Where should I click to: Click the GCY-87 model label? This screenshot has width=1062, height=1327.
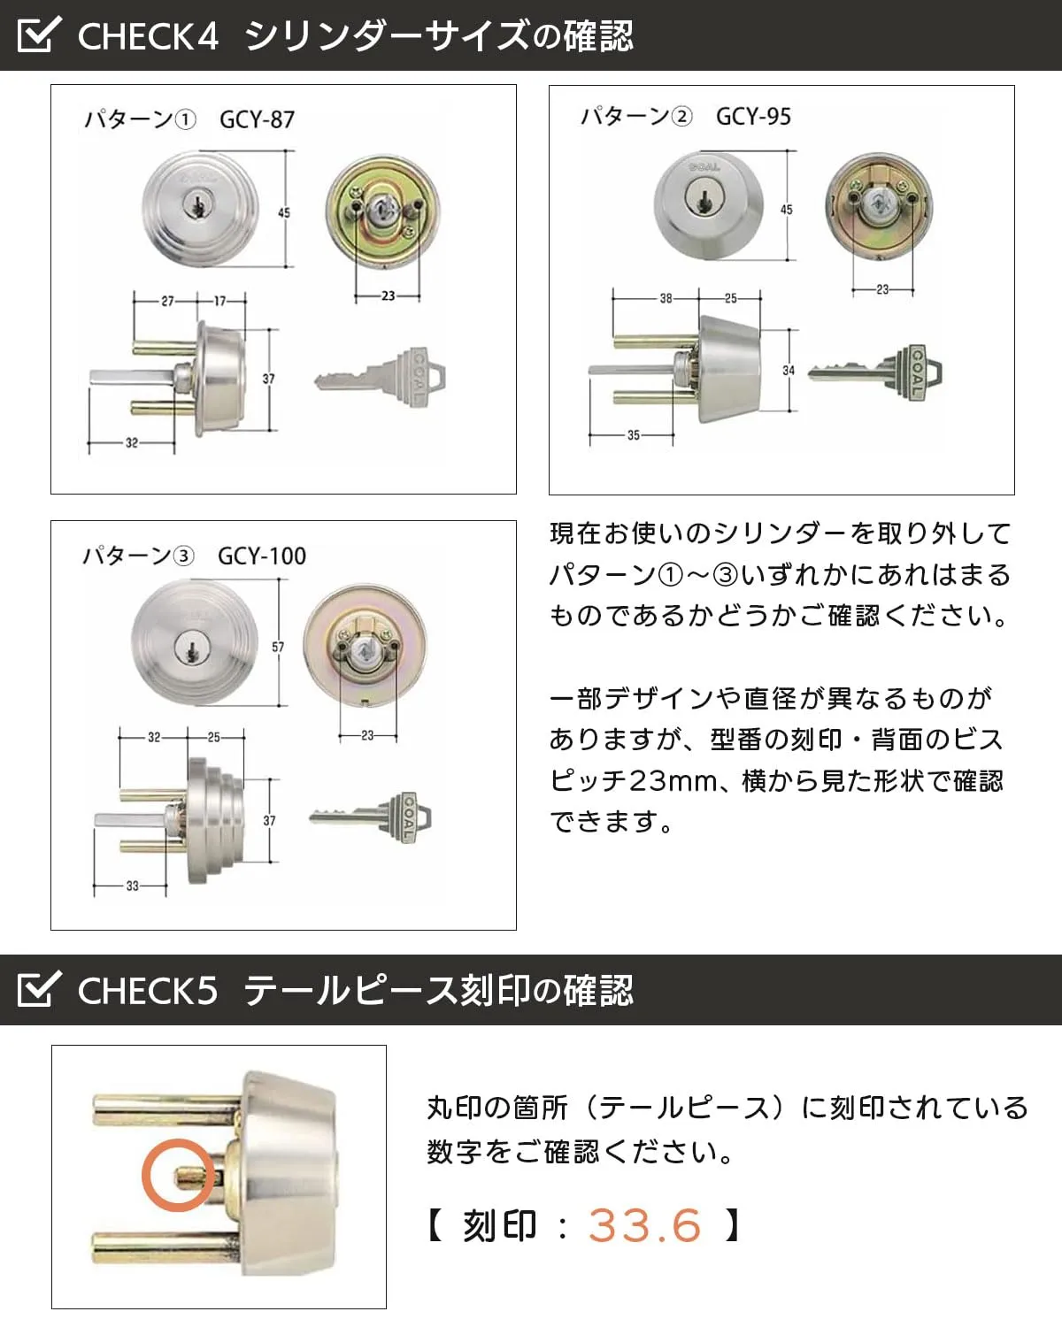tap(257, 119)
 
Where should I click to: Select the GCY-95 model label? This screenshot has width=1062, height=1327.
tap(753, 116)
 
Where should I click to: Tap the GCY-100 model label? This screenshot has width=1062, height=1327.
tap(262, 556)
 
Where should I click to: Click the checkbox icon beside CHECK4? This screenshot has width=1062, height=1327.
tap(40, 35)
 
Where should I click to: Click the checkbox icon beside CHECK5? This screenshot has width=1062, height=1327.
tap(40, 988)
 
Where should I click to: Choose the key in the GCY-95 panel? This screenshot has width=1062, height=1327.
tap(875, 372)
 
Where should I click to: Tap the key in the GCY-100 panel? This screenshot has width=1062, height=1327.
tap(370, 817)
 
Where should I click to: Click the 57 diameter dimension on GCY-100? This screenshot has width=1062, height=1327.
tap(278, 647)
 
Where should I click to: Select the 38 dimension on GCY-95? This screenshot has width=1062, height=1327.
tap(666, 298)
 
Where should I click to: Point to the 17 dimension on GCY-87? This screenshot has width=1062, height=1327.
tap(220, 301)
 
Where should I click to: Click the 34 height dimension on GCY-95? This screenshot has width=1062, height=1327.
tap(789, 370)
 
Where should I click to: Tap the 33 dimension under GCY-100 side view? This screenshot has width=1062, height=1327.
tap(132, 886)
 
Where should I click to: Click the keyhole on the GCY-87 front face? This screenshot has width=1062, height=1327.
tap(198, 205)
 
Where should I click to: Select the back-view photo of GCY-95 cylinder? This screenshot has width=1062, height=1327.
tap(879, 207)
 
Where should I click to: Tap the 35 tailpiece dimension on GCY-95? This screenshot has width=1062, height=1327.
tap(633, 434)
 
